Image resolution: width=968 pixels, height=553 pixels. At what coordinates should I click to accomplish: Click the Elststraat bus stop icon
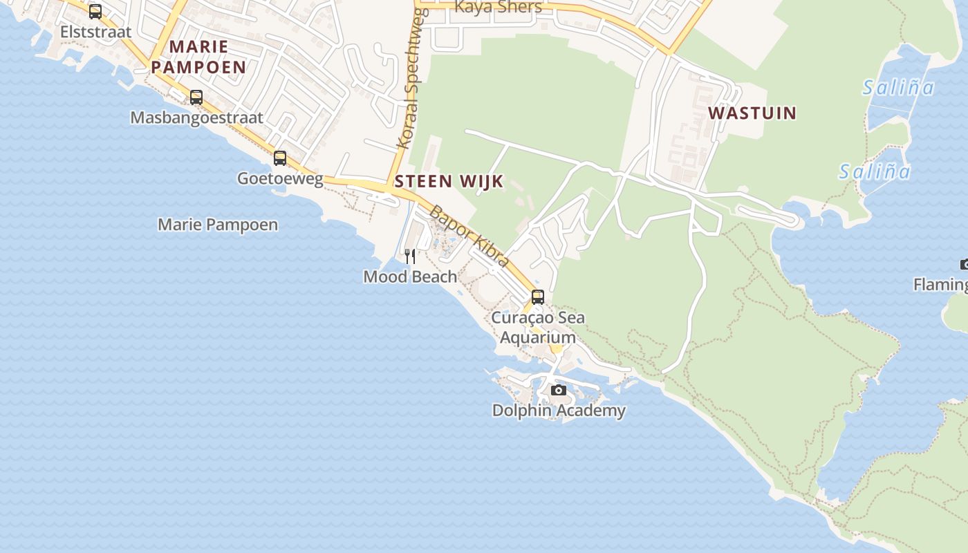pos(95,12)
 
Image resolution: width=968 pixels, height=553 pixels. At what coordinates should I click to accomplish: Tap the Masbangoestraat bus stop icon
pos(196,97)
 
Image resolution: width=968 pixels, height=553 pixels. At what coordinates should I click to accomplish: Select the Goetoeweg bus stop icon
pos(280,158)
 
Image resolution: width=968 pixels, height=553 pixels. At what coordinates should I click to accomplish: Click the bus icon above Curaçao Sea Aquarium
pos(538,297)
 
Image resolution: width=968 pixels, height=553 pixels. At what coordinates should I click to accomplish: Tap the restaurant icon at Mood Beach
pos(410,256)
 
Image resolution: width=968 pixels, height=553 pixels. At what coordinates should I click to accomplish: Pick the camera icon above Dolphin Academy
pos(559,391)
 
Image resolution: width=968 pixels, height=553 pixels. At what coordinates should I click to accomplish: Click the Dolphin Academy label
pos(559,411)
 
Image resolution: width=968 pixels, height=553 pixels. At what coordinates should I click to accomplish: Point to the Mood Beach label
pos(410,276)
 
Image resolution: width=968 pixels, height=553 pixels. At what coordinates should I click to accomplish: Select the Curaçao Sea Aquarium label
pos(538,328)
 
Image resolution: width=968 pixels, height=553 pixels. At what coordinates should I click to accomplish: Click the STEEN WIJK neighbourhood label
pos(449,182)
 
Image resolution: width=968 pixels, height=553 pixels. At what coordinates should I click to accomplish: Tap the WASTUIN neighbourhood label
pos(752,113)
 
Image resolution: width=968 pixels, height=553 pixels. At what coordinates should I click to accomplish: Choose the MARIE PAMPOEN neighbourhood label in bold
pos(198,57)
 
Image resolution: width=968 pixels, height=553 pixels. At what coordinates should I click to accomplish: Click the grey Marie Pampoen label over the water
pos(218,225)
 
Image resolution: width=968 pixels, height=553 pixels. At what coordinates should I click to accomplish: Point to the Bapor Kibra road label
pos(469,236)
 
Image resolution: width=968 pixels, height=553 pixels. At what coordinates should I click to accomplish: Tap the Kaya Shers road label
pos(499,7)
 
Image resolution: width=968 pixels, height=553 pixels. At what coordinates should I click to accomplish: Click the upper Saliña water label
pos(898,88)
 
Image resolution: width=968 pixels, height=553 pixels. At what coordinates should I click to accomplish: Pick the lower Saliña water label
pos(875,171)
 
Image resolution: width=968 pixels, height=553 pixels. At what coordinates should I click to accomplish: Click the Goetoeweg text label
pos(280,178)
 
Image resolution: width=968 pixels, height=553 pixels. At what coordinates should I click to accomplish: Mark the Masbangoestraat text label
pos(196,118)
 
